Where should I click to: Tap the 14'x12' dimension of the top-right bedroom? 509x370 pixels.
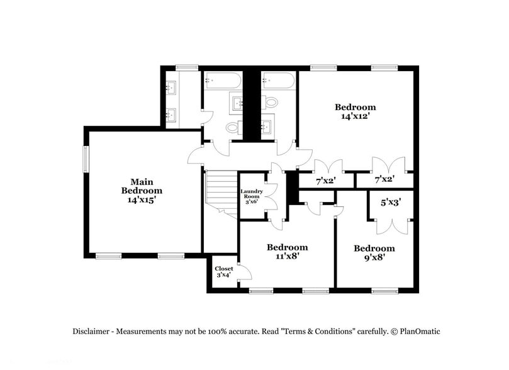click(x=355, y=116)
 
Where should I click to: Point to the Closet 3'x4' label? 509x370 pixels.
click(x=223, y=272)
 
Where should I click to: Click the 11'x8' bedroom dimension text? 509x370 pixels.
click(x=287, y=256)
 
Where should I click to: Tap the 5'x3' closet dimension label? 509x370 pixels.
click(x=391, y=203)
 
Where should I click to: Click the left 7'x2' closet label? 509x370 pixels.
click(x=325, y=181)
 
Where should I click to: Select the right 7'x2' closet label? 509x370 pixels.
click(x=384, y=181)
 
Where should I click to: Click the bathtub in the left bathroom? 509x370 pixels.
click(x=222, y=81)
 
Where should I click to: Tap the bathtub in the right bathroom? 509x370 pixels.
click(x=278, y=81)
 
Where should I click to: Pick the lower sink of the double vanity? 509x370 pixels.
click(x=171, y=115)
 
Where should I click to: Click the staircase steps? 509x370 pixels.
click(x=221, y=189)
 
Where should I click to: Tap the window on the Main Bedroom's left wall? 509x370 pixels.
click(x=87, y=158)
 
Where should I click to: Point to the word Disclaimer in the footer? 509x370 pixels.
click(x=92, y=331)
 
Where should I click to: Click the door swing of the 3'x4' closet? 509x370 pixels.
click(x=245, y=272)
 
